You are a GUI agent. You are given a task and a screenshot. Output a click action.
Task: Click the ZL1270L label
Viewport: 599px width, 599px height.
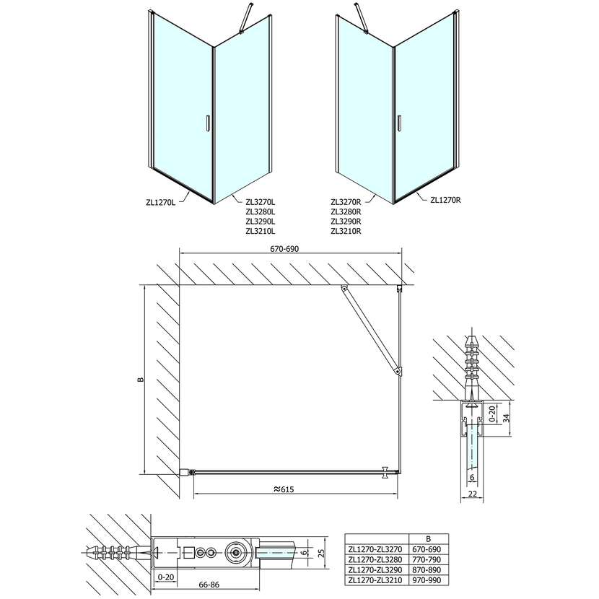[160, 203]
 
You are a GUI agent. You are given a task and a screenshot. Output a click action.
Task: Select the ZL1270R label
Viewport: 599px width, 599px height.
[445, 200]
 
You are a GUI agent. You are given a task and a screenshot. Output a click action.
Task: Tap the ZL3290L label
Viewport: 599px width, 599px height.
[261, 222]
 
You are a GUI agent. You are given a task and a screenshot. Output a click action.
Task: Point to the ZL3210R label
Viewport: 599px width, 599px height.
[346, 231]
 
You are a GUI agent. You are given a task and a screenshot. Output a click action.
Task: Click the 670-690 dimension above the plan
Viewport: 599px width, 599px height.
[284, 249]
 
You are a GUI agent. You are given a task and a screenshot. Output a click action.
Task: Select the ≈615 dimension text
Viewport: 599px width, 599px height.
[284, 489]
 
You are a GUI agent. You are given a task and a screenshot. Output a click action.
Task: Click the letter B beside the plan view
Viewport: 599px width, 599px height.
[141, 380]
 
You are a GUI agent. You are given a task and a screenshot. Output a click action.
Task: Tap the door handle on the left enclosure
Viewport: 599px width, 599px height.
[207, 123]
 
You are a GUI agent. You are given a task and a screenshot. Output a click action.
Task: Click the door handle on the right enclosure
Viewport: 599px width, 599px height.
[399, 123]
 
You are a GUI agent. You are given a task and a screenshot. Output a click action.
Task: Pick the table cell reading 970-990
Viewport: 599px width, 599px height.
[427, 580]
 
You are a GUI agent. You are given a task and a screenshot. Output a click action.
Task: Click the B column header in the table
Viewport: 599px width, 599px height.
[428, 538]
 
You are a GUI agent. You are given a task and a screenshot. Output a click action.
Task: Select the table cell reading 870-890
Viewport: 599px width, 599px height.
[427, 569]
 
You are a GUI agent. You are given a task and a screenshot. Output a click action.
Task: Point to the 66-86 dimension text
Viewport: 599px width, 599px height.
[209, 585]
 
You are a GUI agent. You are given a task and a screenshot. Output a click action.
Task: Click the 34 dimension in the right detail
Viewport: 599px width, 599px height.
[507, 418]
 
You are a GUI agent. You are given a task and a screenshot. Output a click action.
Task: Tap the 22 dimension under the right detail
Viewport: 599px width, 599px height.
[473, 494]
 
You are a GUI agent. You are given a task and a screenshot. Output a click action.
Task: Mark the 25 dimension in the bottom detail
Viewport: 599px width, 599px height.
[321, 553]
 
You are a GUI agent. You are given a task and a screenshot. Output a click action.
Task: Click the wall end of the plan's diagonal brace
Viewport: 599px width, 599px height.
[344, 289]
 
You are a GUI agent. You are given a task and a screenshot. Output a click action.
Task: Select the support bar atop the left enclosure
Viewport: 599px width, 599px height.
[245, 18]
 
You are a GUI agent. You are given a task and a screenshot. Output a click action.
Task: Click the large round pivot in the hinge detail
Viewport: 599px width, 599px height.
[237, 552]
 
